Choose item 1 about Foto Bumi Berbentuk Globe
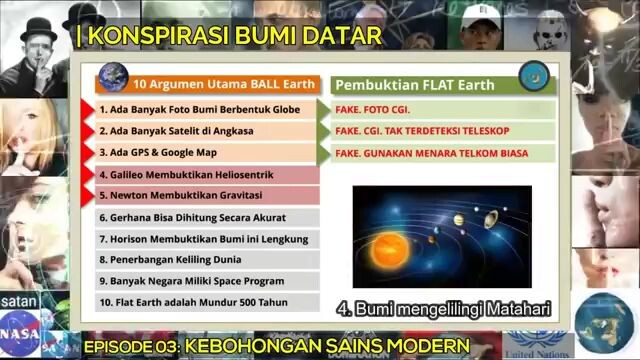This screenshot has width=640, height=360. tap(200, 109)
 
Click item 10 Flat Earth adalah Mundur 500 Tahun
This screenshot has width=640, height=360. tap(191, 302)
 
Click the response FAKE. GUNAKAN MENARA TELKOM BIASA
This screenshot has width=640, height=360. tap(432, 153)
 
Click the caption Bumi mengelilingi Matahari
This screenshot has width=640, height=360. tap(444, 308)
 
